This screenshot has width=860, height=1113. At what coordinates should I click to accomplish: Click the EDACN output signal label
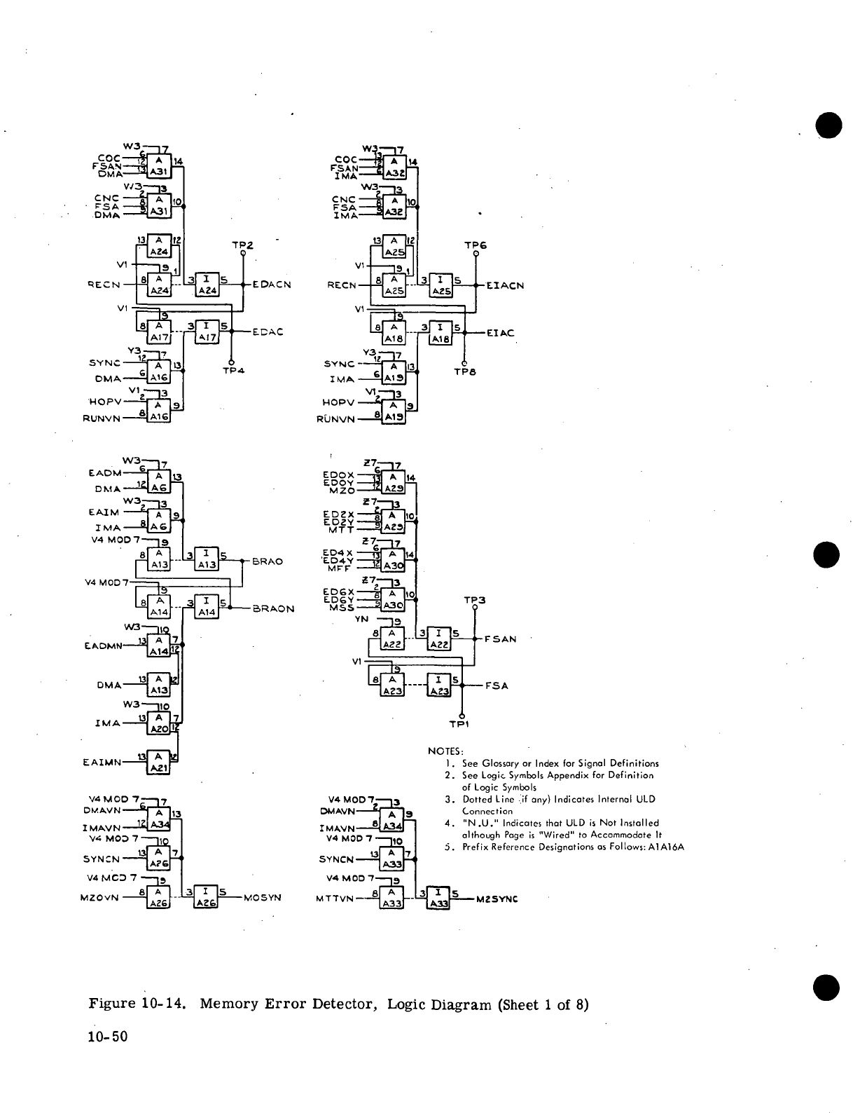click(x=270, y=285)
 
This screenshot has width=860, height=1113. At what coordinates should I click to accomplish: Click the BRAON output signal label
click(x=273, y=609)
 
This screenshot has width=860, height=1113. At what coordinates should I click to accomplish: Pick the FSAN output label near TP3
click(x=500, y=639)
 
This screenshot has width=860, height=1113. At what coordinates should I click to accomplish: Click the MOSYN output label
click(x=263, y=896)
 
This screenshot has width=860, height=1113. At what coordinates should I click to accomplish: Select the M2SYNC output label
click(x=497, y=899)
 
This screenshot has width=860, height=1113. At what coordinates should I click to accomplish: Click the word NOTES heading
click(x=441, y=751)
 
